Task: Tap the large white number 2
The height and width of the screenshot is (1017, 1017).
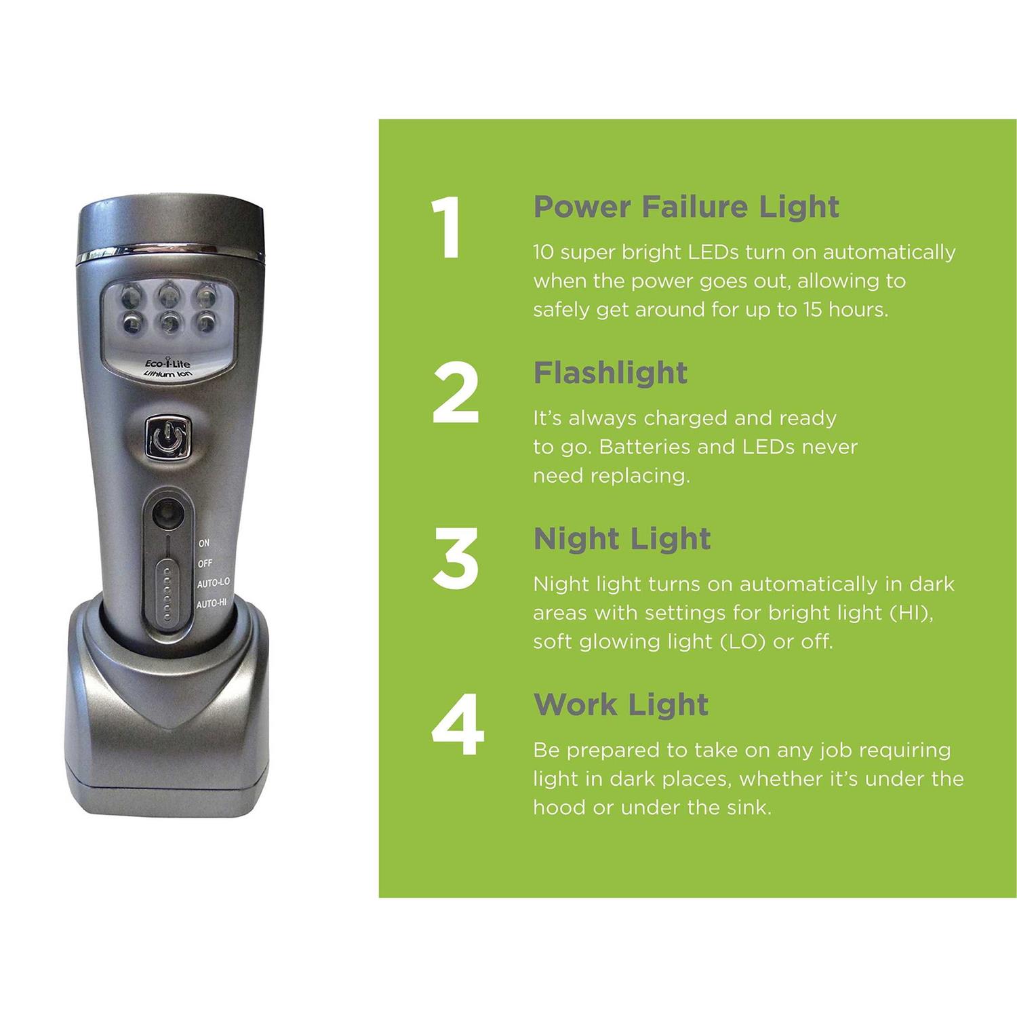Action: tap(456, 394)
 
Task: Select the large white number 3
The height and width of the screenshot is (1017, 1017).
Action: tap(456, 559)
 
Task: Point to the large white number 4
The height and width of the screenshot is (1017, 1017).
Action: tap(458, 725)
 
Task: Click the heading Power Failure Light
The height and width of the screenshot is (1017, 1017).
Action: tap(686, 207)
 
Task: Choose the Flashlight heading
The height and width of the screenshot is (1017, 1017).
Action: tap(610, 373)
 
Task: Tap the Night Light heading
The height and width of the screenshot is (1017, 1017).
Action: tap(622, 539)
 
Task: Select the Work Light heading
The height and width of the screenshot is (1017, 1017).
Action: tap(620, 705)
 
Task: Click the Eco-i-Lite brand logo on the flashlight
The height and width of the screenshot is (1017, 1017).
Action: tap(168, 364)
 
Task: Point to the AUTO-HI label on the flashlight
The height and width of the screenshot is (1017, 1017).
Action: tap(212, 603)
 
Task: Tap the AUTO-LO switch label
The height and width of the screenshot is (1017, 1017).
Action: tap(213, 583)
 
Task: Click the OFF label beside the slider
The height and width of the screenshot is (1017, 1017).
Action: tap(205, 563)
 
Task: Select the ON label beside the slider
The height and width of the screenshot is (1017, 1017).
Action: tap(204, 543)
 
